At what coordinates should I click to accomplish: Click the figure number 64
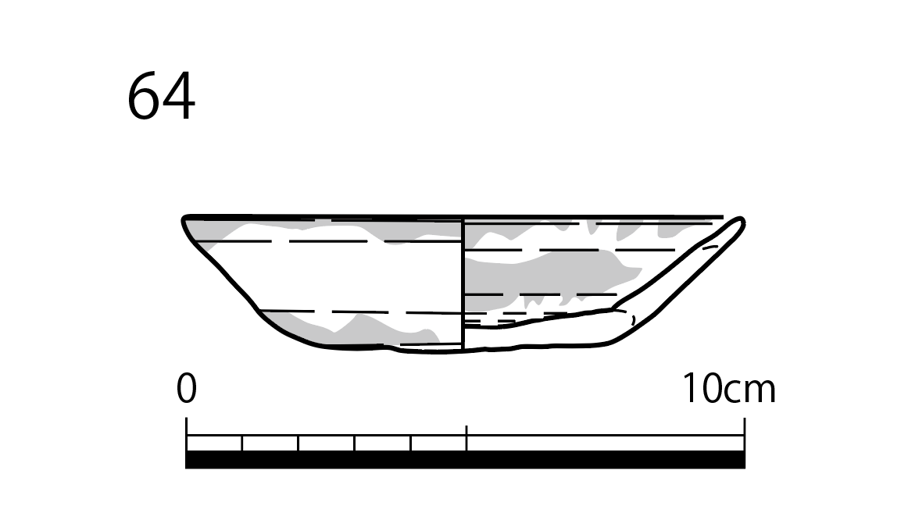click(x=161, y=96)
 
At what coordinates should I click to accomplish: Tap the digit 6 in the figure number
click(x=143, y=96)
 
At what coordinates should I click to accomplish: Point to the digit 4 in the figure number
click(x=178, y=97)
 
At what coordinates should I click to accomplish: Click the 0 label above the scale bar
click(x=187, y=388)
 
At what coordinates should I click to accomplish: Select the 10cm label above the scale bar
click(x=730, y=388)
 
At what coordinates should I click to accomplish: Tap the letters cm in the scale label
click(x=749, y=392)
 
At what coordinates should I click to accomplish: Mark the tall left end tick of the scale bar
click(x=187, y=434)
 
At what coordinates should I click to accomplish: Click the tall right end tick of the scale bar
click(x=744, y=434)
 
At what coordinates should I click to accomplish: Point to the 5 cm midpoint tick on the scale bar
click(x=467, y=438)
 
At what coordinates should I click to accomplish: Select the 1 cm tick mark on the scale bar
click(x=242, y=443)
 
